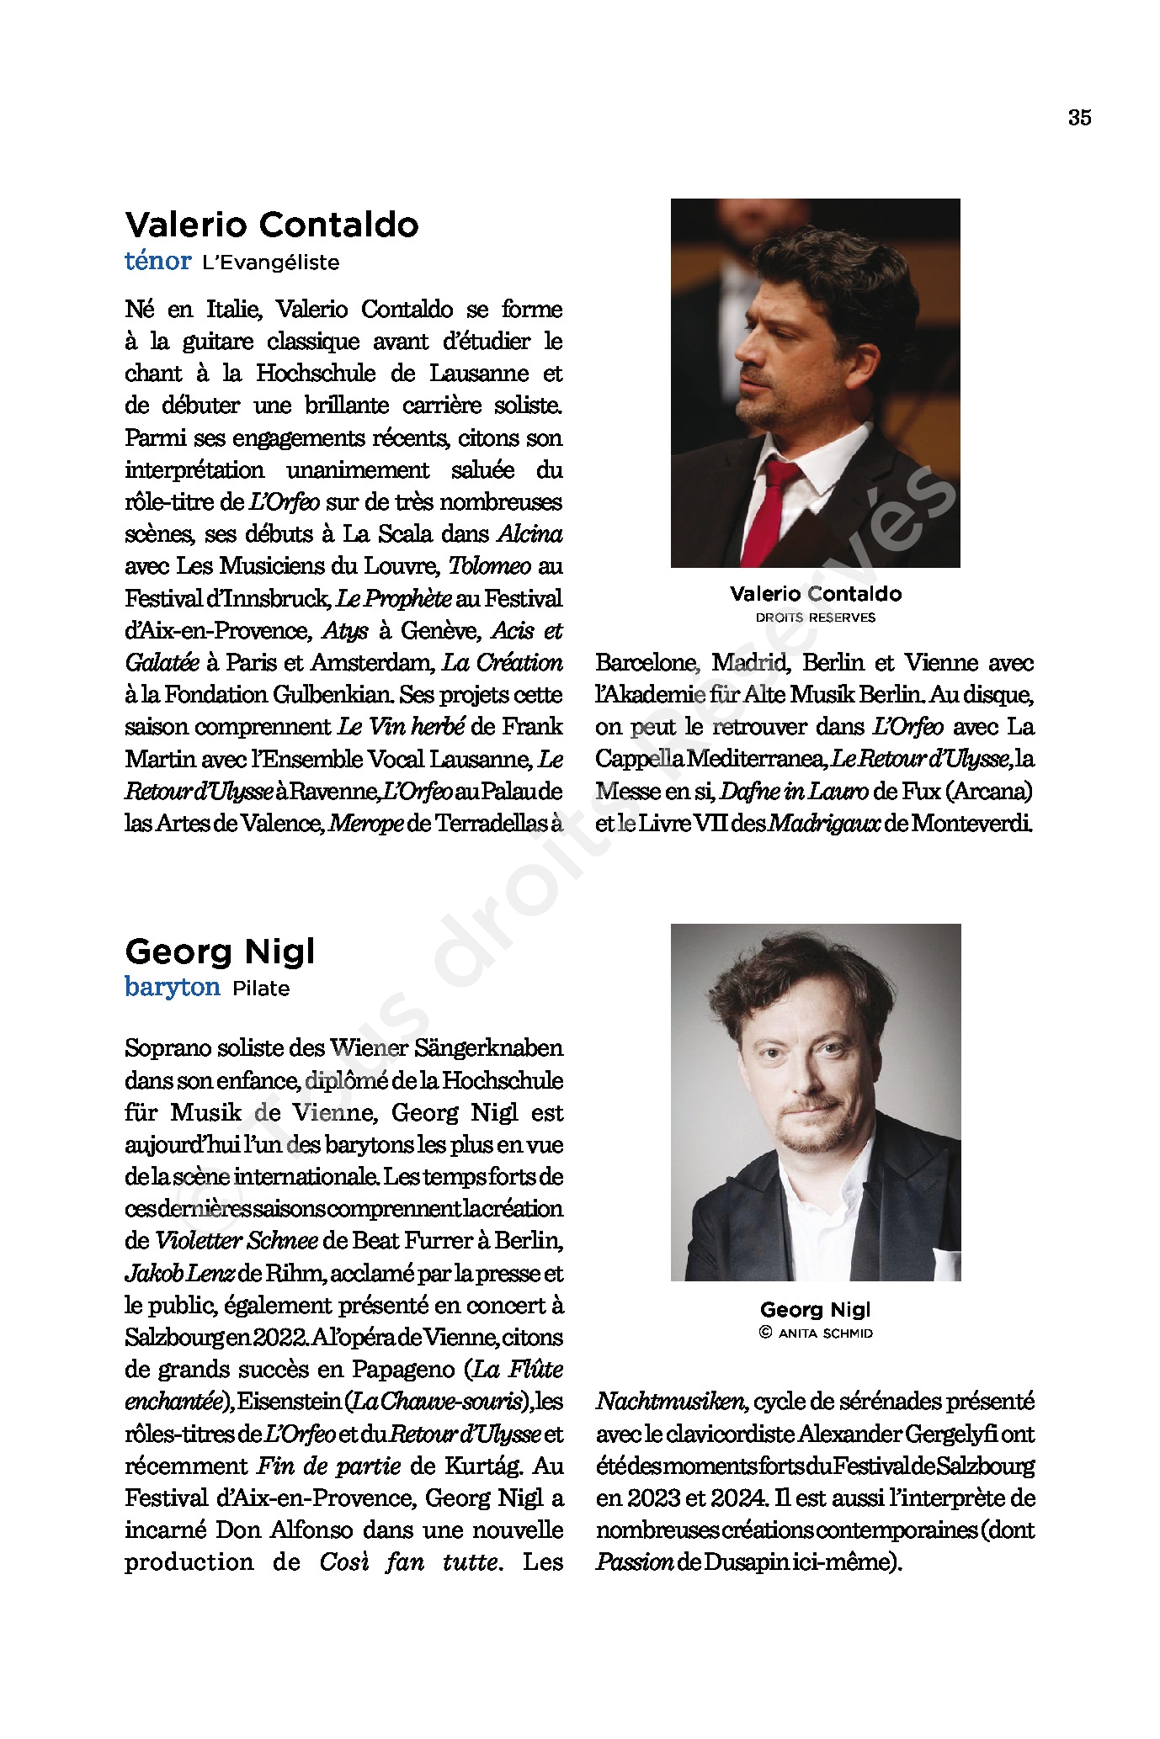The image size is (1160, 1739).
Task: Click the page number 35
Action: (x=1079, y=118)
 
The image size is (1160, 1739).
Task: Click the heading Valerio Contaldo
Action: (x=272, y=225)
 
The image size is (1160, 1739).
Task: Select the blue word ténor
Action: (x=158, y=262)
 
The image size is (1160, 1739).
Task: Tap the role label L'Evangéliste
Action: (x=270, y=262)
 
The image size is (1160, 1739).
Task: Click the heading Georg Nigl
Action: (x=220, y=952)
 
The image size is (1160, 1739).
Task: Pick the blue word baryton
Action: (x=173, y=987)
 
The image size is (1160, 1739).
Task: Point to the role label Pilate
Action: (x=261, y=989)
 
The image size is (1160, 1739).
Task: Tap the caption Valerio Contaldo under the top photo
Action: (x=815, y=594)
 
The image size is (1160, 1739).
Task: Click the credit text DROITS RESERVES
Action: (x=815, y=618)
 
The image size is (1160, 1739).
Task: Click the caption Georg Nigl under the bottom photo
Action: (x=815, y=1309)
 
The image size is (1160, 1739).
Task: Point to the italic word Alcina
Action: (x=530, y=534)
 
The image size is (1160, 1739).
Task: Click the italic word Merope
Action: (x=366, y=823)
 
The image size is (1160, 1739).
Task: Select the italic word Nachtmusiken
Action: (x=671, y=1402)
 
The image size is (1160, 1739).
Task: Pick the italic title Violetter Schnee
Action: (x=236, y=1241)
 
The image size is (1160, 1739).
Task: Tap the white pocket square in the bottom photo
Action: (x=948, y=1263)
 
